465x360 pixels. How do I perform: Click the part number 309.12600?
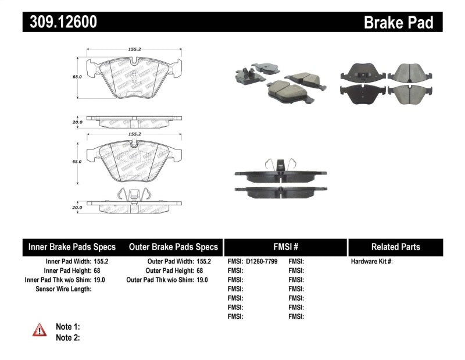(59, 23)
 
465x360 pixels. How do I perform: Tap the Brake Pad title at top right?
(398, 23)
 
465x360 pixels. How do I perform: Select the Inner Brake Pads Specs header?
(72, 247)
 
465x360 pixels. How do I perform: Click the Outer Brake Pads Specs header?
(173, 247)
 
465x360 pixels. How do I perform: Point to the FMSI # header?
(285, 247)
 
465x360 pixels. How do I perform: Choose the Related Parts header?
(395, 247)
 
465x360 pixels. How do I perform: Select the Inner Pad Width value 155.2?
(101, 262)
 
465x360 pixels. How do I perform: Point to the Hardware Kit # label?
(371, 262)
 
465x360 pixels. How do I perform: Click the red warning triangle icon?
(40, 330)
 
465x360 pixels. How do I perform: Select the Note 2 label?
(67, 337)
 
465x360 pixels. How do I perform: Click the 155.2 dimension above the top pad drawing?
(134, 49)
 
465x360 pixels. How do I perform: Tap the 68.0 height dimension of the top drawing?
(77, 76)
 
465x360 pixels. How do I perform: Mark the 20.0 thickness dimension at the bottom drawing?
(77, 207)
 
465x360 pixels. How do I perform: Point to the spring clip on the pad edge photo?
(280, 165)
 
